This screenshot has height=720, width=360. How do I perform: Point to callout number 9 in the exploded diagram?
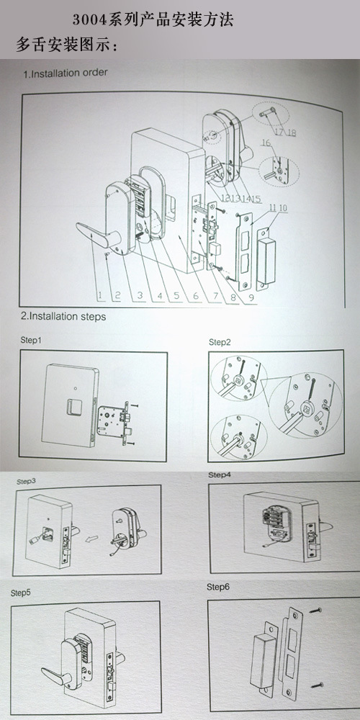click(251, 297)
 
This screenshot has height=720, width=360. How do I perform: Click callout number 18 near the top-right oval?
click(291, 132)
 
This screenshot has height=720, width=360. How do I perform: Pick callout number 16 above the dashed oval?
click(266, 143)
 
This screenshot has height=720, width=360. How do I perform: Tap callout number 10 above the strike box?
click(283, 208)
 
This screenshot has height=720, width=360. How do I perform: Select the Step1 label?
click(31, 341)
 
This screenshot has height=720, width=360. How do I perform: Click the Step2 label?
click(220, 342)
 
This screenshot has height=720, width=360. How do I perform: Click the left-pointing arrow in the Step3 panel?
click(93, 536)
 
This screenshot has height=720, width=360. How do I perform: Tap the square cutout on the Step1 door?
click(73, 407)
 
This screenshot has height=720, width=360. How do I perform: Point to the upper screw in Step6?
click(315, 611)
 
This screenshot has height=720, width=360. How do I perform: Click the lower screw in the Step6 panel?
click(318, 685)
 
